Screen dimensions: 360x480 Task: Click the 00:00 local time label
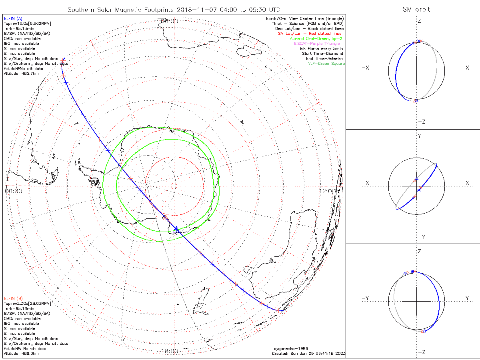[x=14, y=191]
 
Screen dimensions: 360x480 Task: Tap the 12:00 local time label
[x=328, y=191]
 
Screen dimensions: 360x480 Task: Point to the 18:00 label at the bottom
[x=169, y=351]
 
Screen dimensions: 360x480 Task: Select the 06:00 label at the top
[x=169, y=21]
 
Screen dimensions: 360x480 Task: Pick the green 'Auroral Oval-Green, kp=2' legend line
[x=316, y=39]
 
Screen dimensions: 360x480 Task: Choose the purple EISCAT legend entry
[x=320, y=44]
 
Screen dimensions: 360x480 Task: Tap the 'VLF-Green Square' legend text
[x=326, y=64]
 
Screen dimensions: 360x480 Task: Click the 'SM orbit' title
[x=416, y=9]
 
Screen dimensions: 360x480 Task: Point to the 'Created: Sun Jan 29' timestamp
[x=308, y=353]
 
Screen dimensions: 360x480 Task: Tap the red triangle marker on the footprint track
[x=165, y=218]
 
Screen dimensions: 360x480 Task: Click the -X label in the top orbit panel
[x=365, y=68]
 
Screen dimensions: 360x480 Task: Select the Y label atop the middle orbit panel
[x=419, y=136]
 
